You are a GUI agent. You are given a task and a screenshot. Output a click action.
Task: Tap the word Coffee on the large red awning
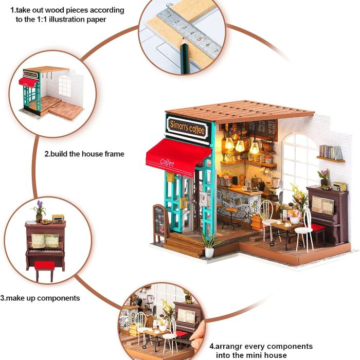168,163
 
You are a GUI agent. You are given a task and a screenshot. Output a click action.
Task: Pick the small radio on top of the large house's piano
339,186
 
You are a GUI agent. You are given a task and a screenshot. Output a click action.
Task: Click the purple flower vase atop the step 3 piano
39,211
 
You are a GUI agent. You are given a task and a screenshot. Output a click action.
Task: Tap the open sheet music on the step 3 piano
45,240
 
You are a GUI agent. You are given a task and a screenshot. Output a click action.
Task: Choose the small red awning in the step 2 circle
29,82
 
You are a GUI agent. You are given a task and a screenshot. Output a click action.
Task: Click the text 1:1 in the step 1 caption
66,20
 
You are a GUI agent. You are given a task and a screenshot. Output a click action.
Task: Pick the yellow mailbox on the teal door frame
170,177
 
